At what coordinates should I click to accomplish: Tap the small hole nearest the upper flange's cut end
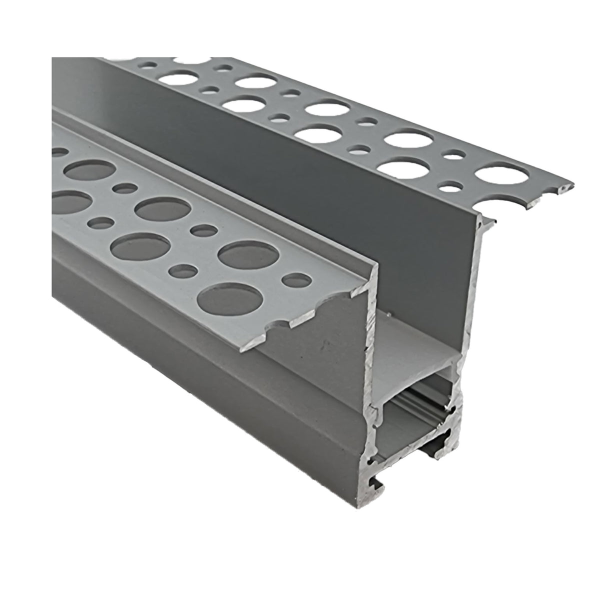(x=451, y=188)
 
